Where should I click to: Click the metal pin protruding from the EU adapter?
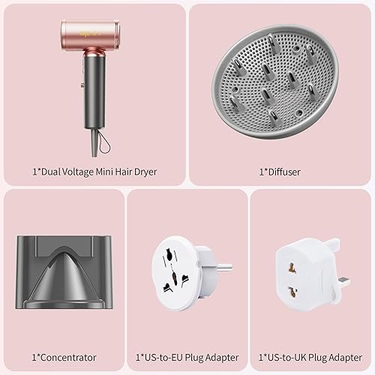pos(223,266)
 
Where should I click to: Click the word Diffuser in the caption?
pos(284,171)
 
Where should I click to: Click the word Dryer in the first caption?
pos(145,171)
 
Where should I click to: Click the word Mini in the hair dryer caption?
pos(108,171)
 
